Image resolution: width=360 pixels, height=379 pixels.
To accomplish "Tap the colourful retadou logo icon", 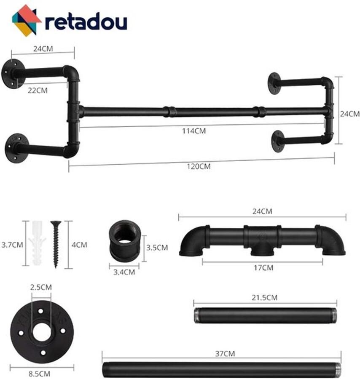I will [27, 20].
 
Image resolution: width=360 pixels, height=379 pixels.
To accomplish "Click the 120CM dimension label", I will [198, 166].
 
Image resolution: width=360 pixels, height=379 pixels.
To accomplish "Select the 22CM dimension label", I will [38, 90].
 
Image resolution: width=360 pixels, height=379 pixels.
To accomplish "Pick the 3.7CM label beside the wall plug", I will [12, 244].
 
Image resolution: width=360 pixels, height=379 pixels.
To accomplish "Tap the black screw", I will [55, 244].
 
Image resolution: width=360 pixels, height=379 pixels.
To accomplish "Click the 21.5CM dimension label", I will [265, 297].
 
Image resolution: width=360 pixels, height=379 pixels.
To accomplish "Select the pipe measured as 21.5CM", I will [265, 315].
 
